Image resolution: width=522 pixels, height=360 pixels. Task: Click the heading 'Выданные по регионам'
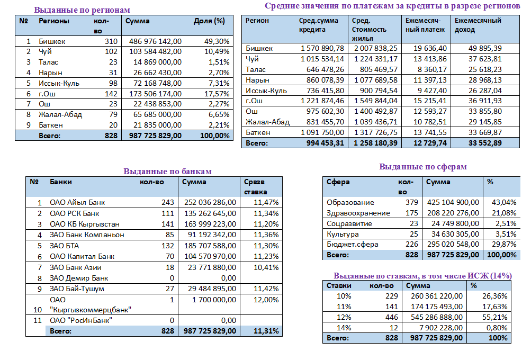pos(82,10)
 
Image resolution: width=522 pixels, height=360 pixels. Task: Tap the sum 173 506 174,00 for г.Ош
pos(156,94)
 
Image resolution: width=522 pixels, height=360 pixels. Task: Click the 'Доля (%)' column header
pos(209,21)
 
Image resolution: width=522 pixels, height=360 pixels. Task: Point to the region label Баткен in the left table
pos(51,125)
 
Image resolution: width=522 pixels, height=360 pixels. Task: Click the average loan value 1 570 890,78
pos(322,48)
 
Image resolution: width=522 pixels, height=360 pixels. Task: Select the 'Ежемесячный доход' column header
pos(478,25)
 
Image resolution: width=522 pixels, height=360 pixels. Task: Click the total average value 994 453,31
pos(322,143)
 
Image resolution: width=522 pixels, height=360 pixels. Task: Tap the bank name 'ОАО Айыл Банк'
pos(77,202)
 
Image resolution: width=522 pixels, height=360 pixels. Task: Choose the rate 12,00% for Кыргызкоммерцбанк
pos(266,300)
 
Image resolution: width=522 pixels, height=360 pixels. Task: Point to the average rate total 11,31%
pos(266,331)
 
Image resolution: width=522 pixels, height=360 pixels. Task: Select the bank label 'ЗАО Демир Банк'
pos(79,278)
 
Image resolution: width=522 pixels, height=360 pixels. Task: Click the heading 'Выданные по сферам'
pos(422,167)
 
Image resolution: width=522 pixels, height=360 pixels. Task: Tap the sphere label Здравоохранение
pos(358,213)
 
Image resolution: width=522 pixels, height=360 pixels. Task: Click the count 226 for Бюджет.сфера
pos(411,245)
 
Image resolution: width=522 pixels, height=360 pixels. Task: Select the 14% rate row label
pos(344,327)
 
